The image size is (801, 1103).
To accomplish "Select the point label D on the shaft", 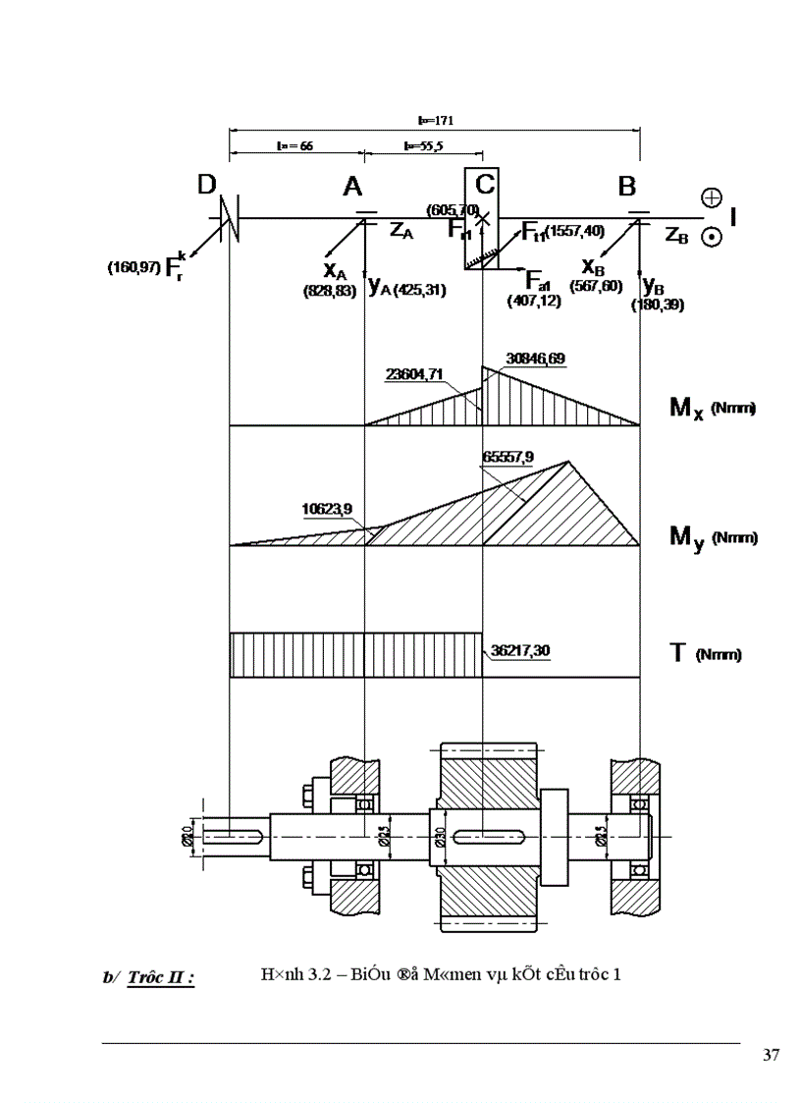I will tap(207, 186).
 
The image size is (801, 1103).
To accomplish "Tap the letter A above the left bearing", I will tap(353, 187).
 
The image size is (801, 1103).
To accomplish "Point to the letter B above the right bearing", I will tap(627, 186).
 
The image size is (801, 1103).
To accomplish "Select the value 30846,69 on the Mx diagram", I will tap(535, 360).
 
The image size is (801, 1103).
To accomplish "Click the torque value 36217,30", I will tap(520, 650).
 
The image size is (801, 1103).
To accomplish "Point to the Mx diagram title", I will tap(711, 408).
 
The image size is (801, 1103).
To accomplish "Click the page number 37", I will tap(771, 1056).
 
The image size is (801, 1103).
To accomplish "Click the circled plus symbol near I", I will tap(712, 197).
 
